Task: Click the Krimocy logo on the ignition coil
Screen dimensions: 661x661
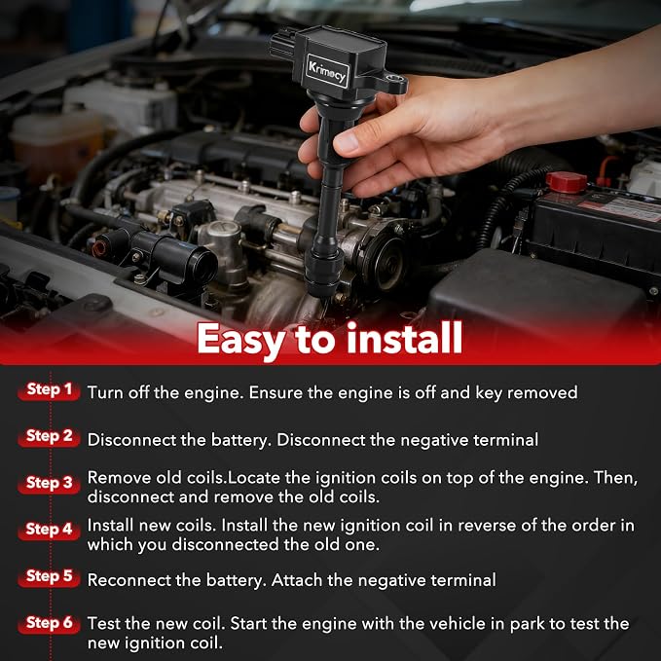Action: click(327, 71)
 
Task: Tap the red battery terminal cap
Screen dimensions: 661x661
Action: click(567, 182)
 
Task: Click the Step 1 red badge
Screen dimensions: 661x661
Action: click(49, 390)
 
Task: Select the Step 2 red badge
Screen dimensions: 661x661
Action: click(49, 437)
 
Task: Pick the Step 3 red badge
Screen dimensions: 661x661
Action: click(49, 484)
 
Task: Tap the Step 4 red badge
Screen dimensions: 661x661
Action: click(49, 530)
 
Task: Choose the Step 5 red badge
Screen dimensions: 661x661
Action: click(49, 576)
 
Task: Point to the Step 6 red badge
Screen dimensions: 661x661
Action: click(49, 623)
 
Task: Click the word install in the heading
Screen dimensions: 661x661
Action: click(404, 338)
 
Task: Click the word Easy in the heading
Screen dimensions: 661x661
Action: click(241, 341)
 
